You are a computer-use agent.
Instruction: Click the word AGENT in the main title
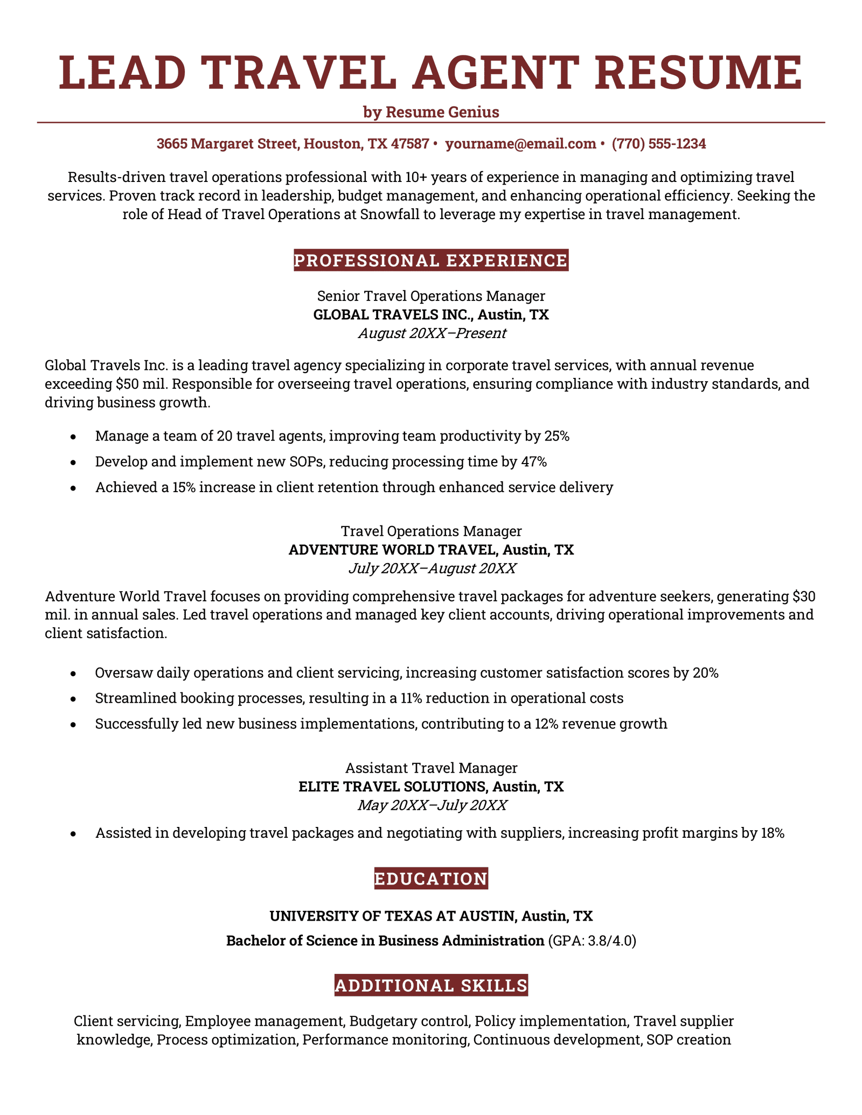pos(496,73)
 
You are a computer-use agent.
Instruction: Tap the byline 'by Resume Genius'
pos(431,112)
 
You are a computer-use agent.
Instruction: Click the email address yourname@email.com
pos(520,144)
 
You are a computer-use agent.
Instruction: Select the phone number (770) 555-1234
pos(659,144)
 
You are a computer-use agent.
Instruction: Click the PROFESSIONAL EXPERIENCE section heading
pos(431,261)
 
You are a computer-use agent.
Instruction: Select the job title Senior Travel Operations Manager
pos(431,296)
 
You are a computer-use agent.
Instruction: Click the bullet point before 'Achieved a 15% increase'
pos(73,488)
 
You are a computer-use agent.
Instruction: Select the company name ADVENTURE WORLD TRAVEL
pos(392,550)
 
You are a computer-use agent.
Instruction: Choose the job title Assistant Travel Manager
pos(431,768)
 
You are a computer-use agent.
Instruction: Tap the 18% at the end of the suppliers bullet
pos(772,833)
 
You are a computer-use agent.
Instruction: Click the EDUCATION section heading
pos(431,879)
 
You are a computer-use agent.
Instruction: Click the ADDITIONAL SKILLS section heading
pos(431,985)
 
